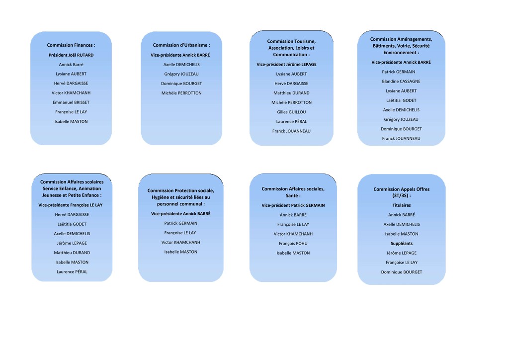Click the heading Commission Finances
tap(71, 45)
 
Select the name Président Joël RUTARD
tap(71, 55)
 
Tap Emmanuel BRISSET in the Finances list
tap(71, 102)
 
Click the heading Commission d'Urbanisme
tap(181, 45)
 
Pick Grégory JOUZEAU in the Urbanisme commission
tap(181, 74)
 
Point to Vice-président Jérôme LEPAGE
tap(287, 65)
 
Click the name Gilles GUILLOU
tap(291, 112)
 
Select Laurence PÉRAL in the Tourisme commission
tap(291, 121)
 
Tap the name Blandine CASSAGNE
tap(401, 82)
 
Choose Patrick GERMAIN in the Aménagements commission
tap(399, 72)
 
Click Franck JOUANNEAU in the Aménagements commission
tap(401, 139)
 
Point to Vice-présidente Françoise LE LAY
tap(71, 205)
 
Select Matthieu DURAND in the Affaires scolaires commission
tap(72, 253)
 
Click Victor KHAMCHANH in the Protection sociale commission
tap(181, 243)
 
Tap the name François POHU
tap(293, 244)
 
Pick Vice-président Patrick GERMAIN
tap(293, 205)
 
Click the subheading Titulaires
tap(402, 205)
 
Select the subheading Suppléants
tap(402, 244)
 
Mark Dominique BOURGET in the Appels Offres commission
tap(402, 272)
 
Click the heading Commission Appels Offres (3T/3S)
tap(402, 192)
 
